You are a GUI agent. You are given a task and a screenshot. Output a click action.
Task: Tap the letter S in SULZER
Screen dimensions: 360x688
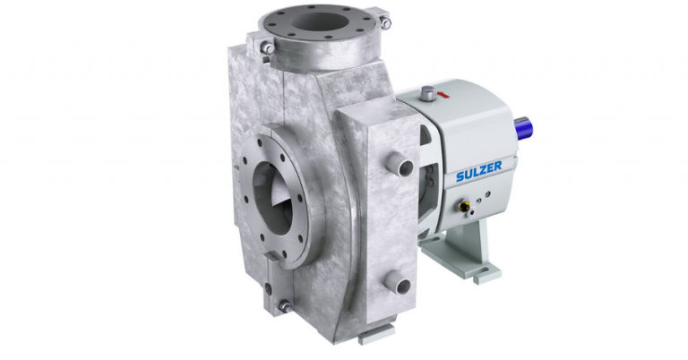point(458,177)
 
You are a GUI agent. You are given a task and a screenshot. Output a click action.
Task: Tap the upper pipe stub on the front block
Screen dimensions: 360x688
point(400,167)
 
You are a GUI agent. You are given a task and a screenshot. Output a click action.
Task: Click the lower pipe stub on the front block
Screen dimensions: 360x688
point(400,286)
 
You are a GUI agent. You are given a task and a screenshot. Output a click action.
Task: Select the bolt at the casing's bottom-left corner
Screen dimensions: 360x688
point(282,306)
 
